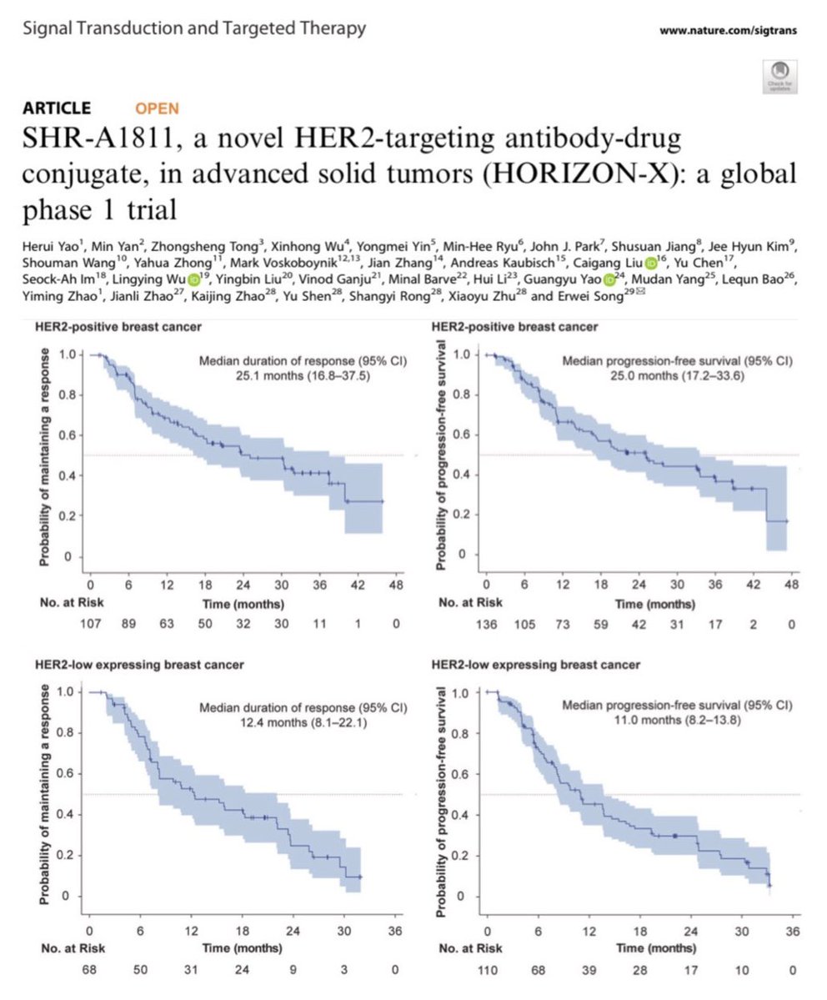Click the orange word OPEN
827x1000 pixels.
click(157, 108)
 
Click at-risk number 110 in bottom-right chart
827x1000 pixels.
click(489, 969)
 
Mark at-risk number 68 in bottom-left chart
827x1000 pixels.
click(89, 969)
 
